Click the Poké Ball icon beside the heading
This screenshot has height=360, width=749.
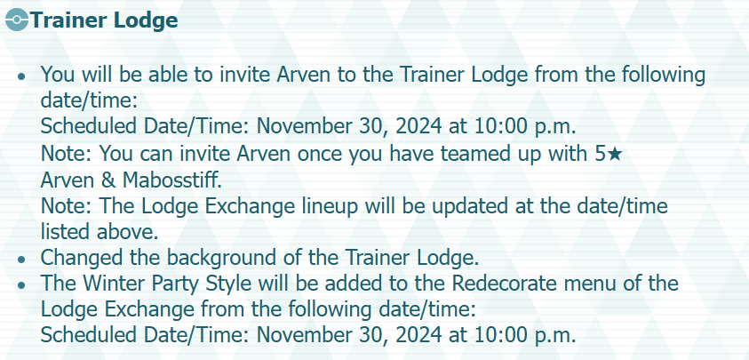[x=17, y=20]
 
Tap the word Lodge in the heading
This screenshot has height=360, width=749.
[x=145, y=21]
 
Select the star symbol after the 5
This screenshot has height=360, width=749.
[x=615, y=154]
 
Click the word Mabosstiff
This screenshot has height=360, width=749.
[x=172, y=180]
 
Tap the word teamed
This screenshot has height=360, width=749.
[x=479, y=154]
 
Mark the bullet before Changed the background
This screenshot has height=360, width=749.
[x=20, y=260]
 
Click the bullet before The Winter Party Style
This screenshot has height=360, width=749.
[x=20, y=285]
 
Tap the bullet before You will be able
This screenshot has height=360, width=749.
[x=20, y=76]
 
